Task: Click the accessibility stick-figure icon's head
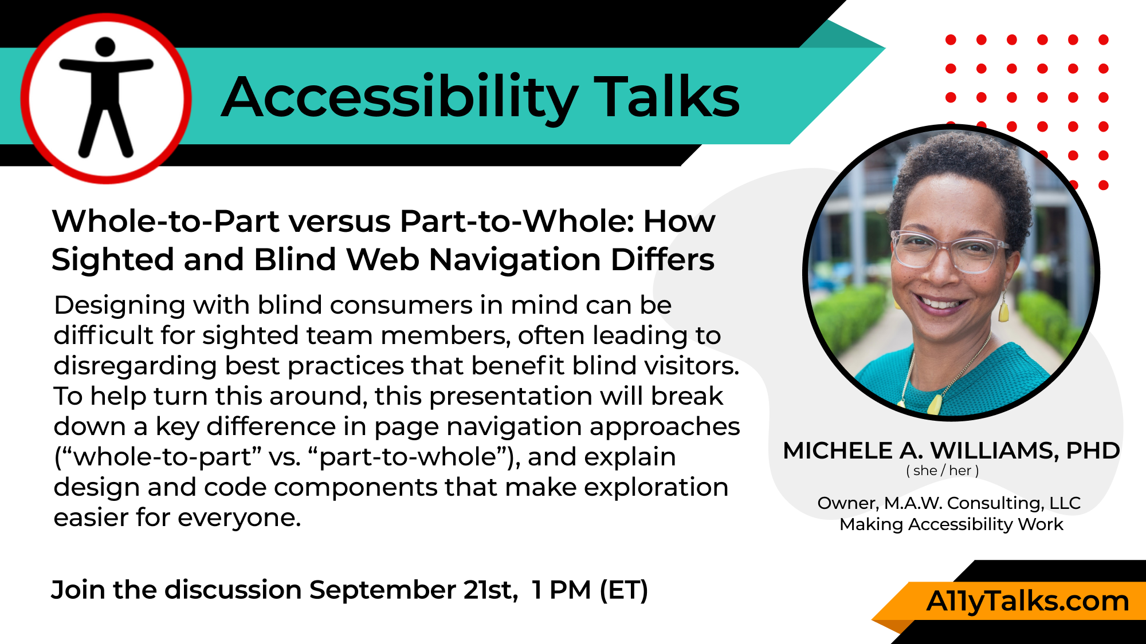coord(105,47)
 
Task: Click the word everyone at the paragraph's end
coord(238,518)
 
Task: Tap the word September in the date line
coord(382,590)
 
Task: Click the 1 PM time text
coord(562,590)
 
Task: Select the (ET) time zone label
coord(624,590)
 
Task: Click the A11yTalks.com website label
coord(1028,601)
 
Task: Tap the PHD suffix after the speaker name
coord(1093,451)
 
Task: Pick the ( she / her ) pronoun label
coord(943,471)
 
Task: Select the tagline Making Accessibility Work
coord(951,524)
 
